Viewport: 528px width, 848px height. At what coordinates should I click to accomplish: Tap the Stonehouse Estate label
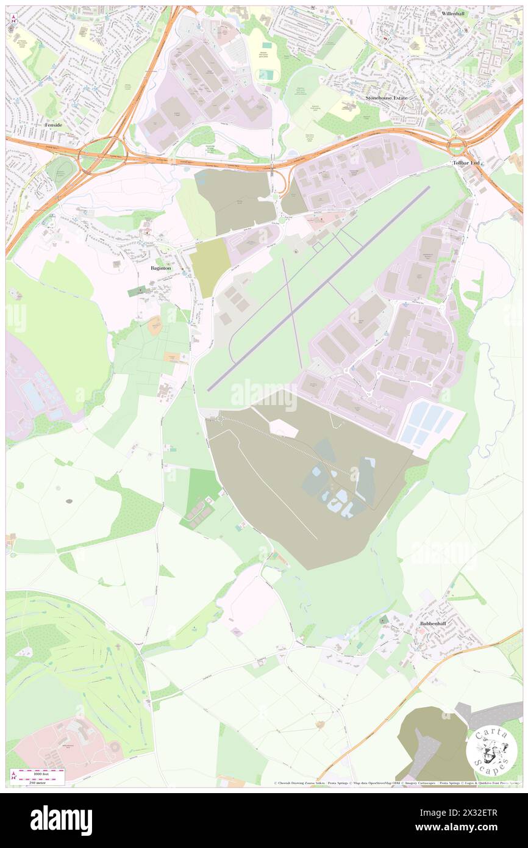386,98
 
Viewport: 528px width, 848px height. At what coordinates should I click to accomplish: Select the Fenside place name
54,124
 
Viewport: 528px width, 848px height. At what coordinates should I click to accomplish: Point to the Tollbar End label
468,163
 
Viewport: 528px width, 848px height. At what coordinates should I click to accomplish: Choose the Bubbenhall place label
434,623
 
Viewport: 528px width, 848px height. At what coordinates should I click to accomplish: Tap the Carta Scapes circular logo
491,750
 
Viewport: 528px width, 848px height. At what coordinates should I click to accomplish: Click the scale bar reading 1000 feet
41,772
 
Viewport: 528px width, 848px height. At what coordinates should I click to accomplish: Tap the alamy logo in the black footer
61,820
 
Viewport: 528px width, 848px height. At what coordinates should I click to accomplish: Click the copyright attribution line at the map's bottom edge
396,783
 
